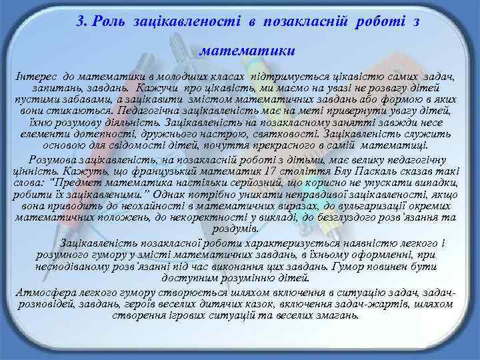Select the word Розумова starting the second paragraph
(x=51, y=158)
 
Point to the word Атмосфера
(x=43, y=293)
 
